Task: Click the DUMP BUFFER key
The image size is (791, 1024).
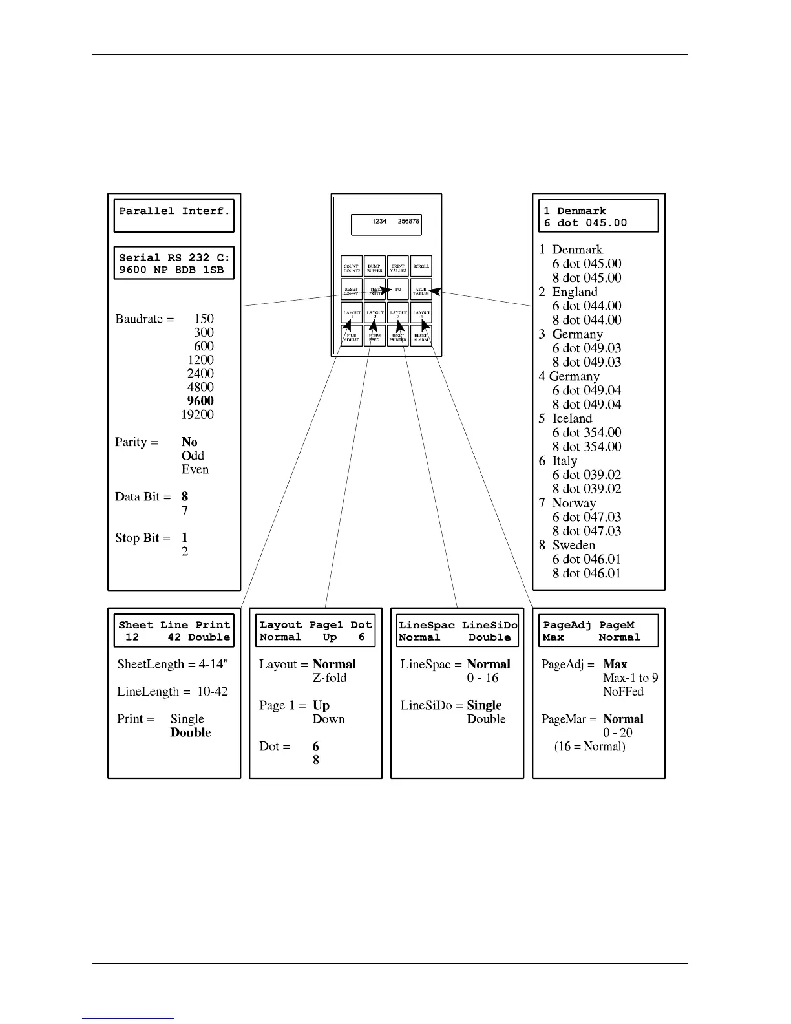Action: (x=375, y=266)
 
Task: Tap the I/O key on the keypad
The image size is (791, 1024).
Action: (x=398, y=290)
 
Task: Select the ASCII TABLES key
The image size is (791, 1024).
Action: (x=421, y=290)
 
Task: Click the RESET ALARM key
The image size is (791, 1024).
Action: (x=421, y=336)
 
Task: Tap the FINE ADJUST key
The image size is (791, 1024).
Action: (x=352, y=336)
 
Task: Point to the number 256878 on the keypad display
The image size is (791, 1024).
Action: (x=408, y=221)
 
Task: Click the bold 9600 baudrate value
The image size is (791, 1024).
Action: (x=200, y=401)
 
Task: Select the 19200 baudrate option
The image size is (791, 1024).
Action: (x=197, y=414)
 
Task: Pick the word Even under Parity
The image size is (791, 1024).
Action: (x=195, y=469)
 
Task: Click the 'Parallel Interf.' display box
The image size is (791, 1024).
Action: (x=174, y=216)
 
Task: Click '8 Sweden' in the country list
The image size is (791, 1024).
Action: (x=567, y=545)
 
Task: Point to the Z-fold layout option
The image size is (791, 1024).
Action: (x=330, y=677)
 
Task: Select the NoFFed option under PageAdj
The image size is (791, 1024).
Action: (x=623, y=691)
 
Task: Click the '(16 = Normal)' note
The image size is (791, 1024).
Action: (x=589, y=746)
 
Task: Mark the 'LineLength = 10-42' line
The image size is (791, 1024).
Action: (x=173, y=691)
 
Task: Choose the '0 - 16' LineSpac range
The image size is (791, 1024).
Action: (x=483, y=677)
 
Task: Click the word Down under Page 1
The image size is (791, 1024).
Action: (x=328, y=719)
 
